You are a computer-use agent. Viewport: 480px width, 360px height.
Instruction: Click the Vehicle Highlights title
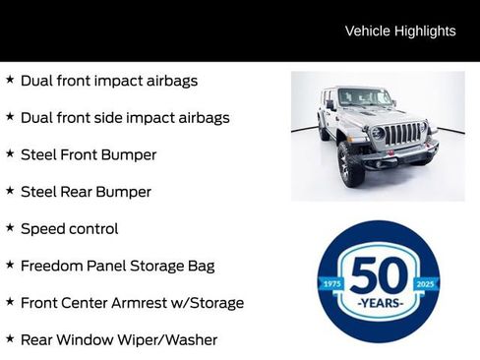pyautogui.click(x=400, y=30)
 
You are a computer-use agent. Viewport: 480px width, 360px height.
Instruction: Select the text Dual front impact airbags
pyautogui.click(x=109, y=81)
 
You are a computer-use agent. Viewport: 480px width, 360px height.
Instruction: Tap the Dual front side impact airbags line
pyautogui.click(x=125, y=118)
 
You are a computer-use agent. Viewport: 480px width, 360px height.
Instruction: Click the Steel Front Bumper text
pyautogui.click(x=89, y=154)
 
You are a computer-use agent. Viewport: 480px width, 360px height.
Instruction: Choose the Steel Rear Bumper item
pyautogui.click(x=86, y=192)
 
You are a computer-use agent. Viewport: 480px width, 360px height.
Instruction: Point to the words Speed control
pyautogui.click(x=69, y=229)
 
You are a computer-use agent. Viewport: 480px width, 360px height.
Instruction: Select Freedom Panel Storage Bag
pyautogui.click(x=117, y=266)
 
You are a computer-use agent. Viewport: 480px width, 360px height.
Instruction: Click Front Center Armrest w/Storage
pyautogui.click(x=132, y=303)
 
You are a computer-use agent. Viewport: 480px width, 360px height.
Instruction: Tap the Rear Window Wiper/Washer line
pyautogui.click(x=118, y=340)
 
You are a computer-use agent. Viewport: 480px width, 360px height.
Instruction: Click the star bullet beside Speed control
pyautogui.click(x=10, y=227)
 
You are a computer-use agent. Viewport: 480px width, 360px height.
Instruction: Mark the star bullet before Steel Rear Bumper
pyautogui.click(x=10, y=190)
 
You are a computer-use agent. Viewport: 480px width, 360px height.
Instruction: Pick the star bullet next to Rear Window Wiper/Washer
pyautogui.click(x=10, y=338)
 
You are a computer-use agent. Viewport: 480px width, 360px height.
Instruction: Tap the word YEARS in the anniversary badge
pyautogui.click(x=379, y=302)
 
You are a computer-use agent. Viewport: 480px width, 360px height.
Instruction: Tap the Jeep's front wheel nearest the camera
pyautogui.click(x=351, y=162)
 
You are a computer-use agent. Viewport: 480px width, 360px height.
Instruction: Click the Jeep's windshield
pyautogui.click(x=364, y=98)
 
